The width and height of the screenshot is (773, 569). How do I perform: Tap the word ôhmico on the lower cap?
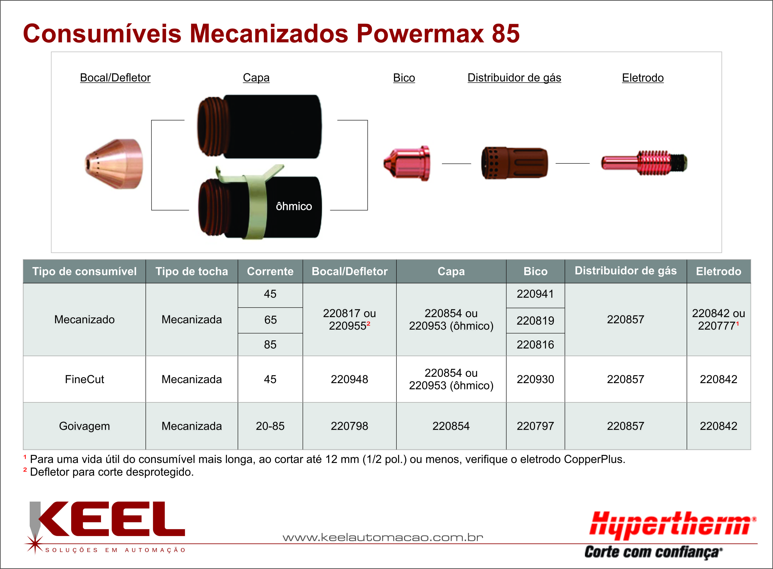[294, 206]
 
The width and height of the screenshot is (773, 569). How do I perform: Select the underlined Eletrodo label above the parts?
[643, 78]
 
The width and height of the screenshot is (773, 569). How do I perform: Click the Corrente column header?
[270, 271]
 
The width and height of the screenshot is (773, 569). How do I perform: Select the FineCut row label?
[84, 379]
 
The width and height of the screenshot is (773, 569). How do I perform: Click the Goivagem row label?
[84, 426]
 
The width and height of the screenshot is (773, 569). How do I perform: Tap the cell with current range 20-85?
[270, 426]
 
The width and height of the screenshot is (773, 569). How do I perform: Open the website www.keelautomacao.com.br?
[383, 537]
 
